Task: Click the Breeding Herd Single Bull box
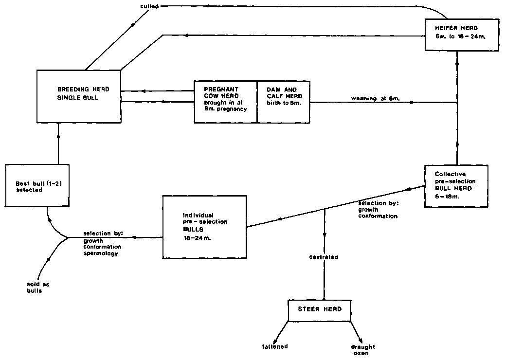[x=79, y=96]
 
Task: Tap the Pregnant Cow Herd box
[x=225, y=102]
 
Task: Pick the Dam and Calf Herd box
[x=284, y=102]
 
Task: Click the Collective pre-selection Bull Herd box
[x=455, y=186]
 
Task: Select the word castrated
[x=324, y=256]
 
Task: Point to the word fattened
[x=275, y=346]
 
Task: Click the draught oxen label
[x=362, y=350]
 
